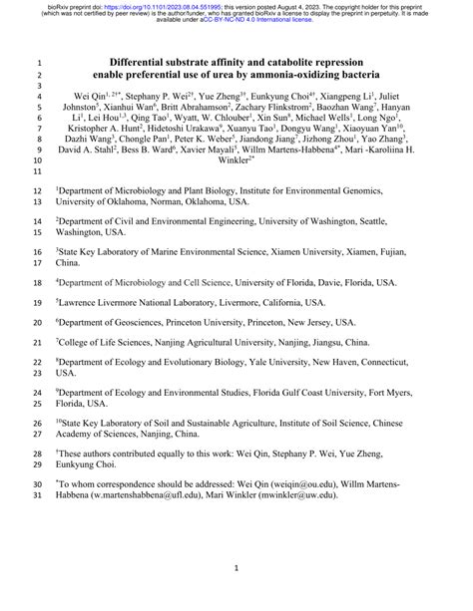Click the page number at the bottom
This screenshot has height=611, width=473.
[x=236, y=568]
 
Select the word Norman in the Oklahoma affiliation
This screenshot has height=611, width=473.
[x=178, y=200]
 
